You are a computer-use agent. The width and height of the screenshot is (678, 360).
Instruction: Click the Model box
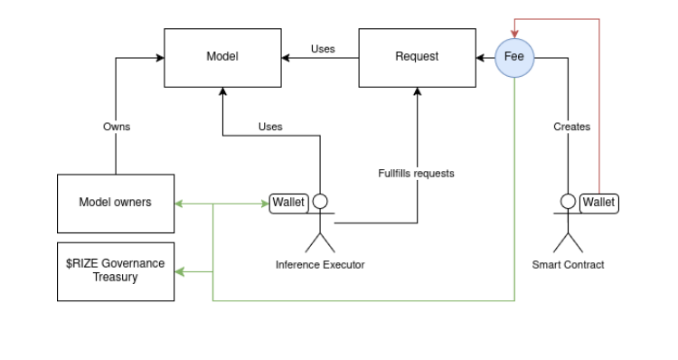[221, 57]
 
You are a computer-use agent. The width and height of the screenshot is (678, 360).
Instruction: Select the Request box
[416, 57]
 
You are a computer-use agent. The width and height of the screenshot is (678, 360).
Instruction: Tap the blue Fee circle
[515, 57]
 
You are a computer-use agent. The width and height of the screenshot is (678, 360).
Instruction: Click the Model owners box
[115, 202]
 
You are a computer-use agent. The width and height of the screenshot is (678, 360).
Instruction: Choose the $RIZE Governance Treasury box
[115, 270]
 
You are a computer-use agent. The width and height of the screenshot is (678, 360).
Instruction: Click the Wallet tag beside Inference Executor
[289, 202]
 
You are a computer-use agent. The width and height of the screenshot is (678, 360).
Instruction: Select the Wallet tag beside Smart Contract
[598, 202]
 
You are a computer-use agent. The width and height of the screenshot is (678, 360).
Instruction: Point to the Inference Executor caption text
[320, 264]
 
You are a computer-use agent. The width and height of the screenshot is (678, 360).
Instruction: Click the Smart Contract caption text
[568, 264]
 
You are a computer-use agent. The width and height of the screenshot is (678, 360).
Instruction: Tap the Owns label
[116, 127]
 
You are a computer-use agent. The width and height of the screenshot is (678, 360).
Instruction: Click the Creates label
[571, 127]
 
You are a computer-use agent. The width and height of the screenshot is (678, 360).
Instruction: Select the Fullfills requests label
[416, 173]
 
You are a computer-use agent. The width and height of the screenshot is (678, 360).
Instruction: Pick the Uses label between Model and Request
[323, 49]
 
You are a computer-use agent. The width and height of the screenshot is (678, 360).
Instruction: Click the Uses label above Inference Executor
[270, 127]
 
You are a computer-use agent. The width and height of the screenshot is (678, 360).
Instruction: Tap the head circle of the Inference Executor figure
[319, 202]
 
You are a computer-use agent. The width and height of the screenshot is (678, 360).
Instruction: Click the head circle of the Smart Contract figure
[568, 202]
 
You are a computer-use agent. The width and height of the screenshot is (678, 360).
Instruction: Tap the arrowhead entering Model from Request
[286, 58]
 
